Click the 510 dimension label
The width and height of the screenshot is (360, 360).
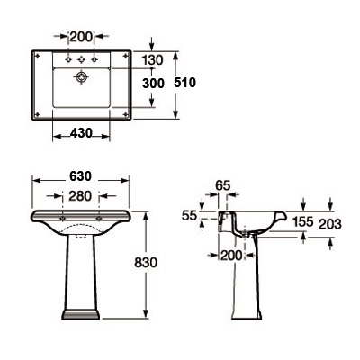pyautogui.click(x=184, y=83)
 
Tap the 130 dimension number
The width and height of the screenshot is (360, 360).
pyautogui.click(x=152, y=60)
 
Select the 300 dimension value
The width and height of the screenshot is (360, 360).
pyautogui.click(x=153, y=84)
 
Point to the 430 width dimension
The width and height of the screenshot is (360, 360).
pyautogui.click(x=81, y=133)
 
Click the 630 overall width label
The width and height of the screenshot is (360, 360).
pyautogui.click(x=80, y=176)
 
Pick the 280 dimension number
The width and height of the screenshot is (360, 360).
pyautogui.click(x=80, y=196)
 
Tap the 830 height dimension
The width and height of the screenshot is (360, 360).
pyautogui.click(x=146, y=262)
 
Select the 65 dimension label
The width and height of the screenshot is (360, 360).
pyautogui.click(x=222, y=185)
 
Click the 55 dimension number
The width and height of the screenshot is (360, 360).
pyautogui.click(x=189, y=215)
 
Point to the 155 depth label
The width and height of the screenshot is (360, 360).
pyautogui.click(x=303, y=222)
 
